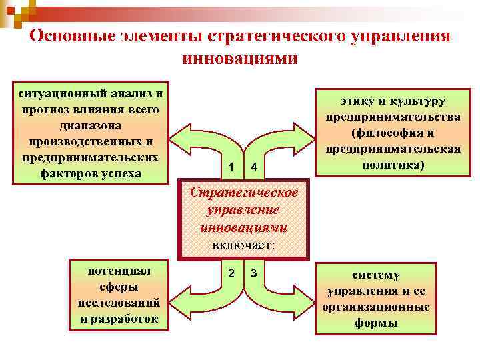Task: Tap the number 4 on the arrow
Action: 254,166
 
